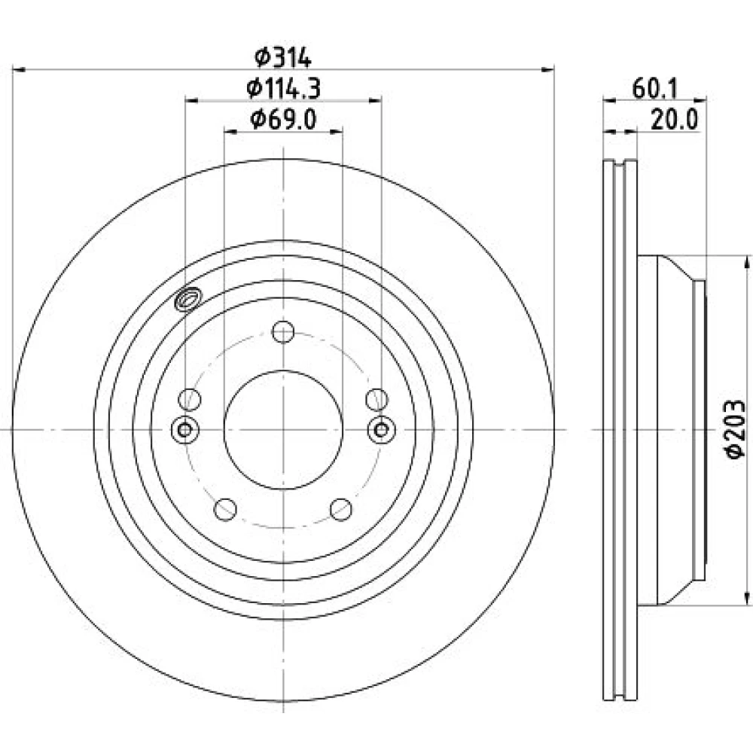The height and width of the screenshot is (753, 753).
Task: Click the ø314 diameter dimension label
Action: pos(283,57)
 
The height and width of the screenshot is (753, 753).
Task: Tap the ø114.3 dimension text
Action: pos(283,89)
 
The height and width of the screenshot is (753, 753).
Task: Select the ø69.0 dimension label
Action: pos(283,120)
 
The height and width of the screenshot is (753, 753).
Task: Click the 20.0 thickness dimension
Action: pos(674,120)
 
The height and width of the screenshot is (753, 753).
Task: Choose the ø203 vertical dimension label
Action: pos(735,429)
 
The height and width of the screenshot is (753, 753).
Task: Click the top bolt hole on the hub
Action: pos(283,331)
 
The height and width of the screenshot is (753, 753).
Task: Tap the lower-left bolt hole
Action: pos(225,509)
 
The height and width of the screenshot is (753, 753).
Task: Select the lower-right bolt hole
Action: pos(341,509)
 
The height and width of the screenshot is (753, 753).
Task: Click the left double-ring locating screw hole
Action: pos(185,429)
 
